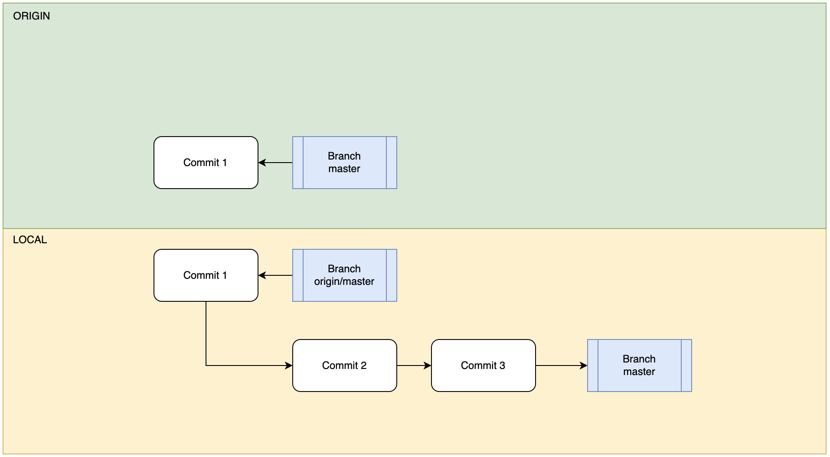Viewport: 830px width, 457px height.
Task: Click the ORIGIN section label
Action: click(31, 16)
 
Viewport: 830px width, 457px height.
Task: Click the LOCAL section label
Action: click(29, 240)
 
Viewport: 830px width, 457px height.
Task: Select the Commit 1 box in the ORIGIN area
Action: click(206, 163)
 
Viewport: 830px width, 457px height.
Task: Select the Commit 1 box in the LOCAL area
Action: click(206, 275)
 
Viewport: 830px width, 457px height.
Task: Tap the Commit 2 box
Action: click(344, 366)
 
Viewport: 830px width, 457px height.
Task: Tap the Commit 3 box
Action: click(483, 366)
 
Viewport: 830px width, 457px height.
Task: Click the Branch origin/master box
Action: click(344, 275)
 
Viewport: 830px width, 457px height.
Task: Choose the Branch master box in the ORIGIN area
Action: click(344, 163)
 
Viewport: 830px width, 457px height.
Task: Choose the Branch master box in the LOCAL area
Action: click(639, 366)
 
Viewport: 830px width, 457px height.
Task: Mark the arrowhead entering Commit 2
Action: click(289, 366)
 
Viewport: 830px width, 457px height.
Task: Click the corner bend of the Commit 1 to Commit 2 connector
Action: click(206, 366)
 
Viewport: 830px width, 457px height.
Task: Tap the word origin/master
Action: click(344, 282)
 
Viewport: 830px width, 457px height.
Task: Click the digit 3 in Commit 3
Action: click(502, 366)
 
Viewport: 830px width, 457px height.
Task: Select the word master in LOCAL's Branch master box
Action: click(639, 372)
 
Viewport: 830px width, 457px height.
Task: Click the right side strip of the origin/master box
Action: click(392, 275)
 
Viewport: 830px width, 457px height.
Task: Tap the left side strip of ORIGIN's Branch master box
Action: click(298, 163)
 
